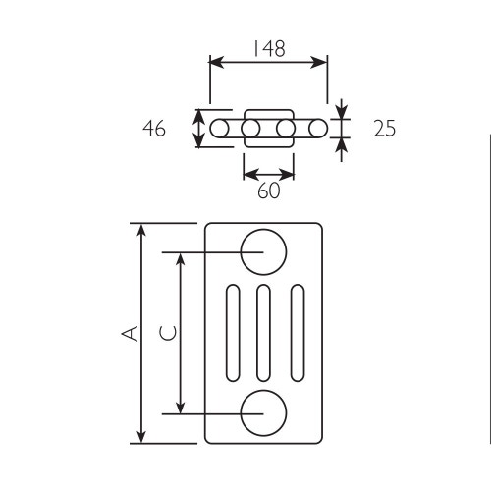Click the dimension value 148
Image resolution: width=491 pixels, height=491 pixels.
coord(267,47)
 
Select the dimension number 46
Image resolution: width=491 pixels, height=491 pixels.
coord(154,128)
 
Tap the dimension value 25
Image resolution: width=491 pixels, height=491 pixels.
coord(384,128)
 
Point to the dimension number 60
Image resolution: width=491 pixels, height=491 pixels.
coord(268,191)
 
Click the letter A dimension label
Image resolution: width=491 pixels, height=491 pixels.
coord(128,333)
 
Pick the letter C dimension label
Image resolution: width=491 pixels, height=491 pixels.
coord(168,333)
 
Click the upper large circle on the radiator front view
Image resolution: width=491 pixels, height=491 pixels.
coord(263,251)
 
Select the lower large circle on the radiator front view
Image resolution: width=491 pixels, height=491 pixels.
coord(263,412)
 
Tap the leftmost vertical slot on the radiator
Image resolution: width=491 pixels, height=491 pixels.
coord(232,333)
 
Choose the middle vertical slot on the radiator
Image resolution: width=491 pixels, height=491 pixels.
coord(263,333)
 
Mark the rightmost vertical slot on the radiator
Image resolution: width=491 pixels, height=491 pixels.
coord(295,333)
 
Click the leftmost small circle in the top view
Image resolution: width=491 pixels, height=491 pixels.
coord(219,129)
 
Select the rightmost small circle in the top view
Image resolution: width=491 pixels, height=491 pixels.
coord(316,129)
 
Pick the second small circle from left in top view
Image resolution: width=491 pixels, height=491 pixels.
coord(250,129)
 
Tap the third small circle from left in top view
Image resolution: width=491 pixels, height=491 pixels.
coord(285,129)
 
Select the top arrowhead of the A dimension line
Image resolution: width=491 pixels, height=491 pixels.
coord(142,230)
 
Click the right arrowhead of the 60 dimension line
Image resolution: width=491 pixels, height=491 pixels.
coord(289,174)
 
